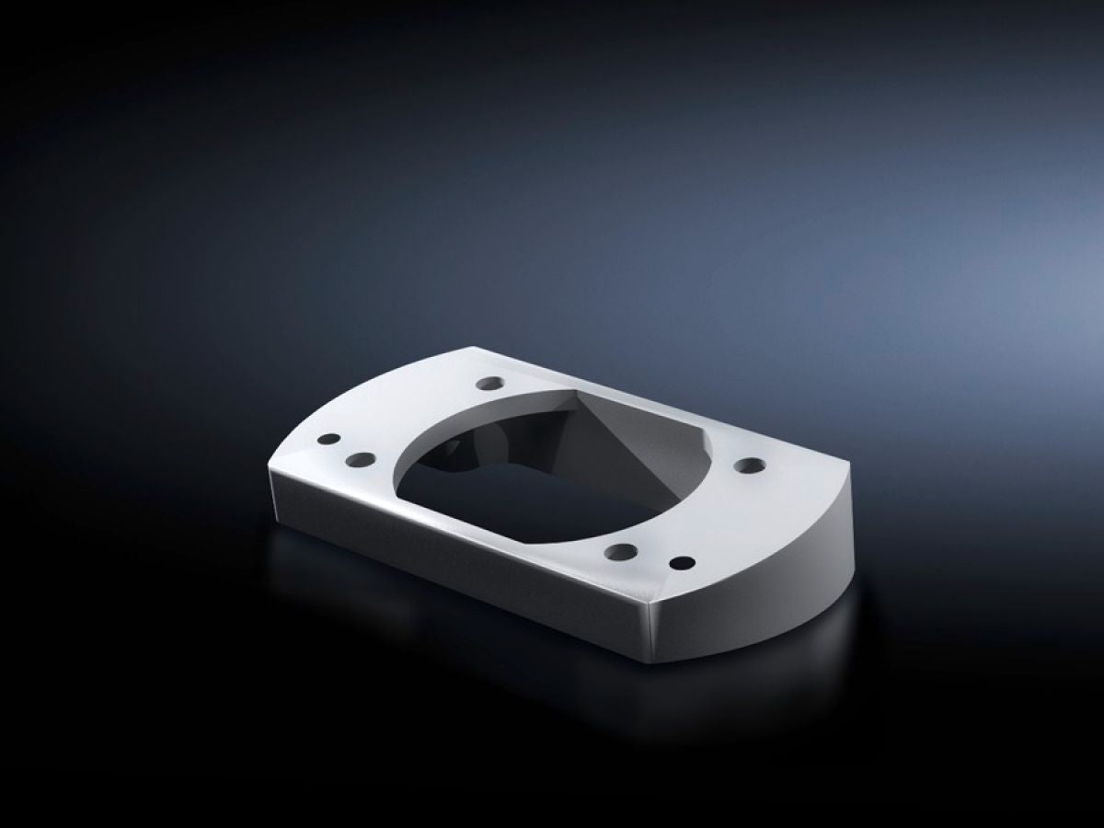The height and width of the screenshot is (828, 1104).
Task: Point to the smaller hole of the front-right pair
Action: (682, 562)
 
